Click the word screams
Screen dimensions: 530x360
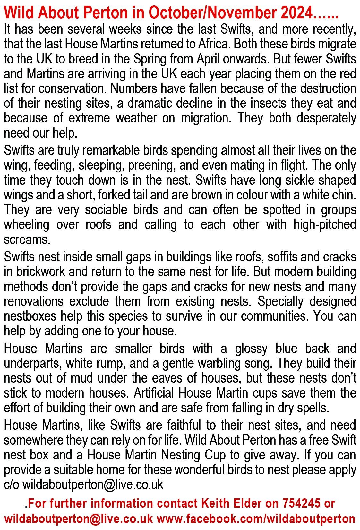[27, 240]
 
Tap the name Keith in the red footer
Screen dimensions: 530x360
[215, 503]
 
